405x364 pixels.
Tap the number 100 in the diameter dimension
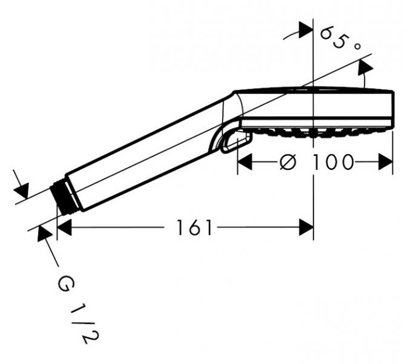point(334,162)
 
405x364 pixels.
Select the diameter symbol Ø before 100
point(289,162)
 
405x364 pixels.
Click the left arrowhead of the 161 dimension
point(64,227)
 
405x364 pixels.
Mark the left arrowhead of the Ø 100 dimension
point(244,162)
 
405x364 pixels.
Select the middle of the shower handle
point(145,152)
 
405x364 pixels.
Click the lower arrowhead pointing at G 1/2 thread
point(44,234)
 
